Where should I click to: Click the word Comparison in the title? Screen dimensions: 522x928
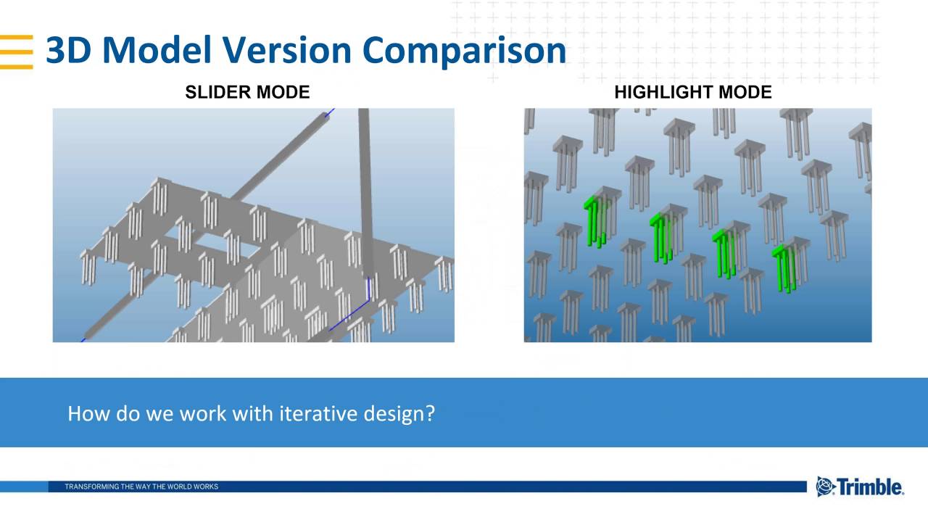tap(464, 51)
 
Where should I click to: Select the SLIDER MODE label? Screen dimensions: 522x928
tap(247, 92)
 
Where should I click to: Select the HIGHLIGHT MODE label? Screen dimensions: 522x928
tap(692, 92)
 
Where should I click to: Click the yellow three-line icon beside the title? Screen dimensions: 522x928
tap(17, 51)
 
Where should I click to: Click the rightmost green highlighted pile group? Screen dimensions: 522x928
tap(784, 267)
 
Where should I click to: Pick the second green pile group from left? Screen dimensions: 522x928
tap(661, 237)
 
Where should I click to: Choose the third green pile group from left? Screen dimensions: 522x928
tap(724, 252)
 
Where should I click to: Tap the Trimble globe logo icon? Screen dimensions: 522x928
tap(826, 486)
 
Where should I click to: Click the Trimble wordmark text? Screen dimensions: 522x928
tap(871, 486)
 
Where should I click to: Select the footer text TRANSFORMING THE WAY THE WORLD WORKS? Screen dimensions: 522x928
tap(141, 486)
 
